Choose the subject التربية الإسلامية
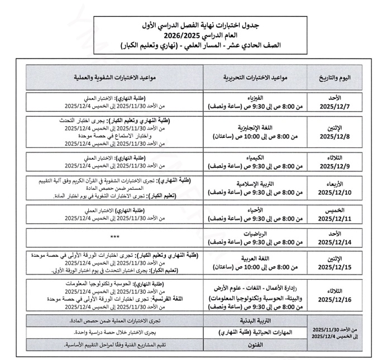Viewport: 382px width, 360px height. click(x=252, y=183)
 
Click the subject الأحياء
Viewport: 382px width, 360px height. click(x=252, y=211)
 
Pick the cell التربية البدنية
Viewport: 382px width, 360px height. click(x=252, y=320)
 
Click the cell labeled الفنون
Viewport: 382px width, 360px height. click(x=252, y=345)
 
